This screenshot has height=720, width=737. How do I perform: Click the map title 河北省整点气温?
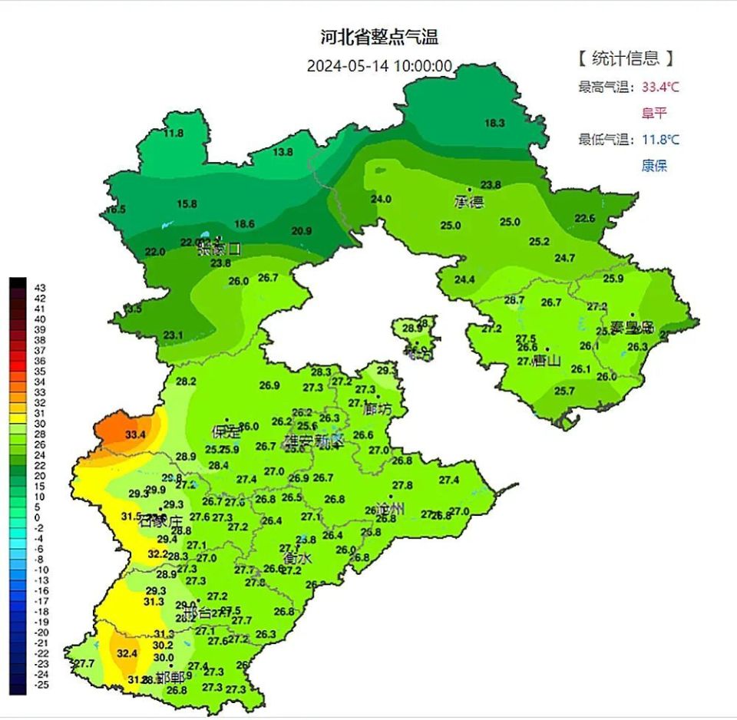pyautogui.click(x=378, y=37)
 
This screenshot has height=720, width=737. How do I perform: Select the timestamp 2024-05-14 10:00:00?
pyautogui.click(x=379, y=66)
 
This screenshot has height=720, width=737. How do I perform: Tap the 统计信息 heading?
pyautogui.click(x=625, y=58)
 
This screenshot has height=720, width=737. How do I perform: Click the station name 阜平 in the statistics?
pyautogui.click(x=654, y=113)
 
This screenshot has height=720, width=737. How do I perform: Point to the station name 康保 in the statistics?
pyautogui.click(x=654, y=165)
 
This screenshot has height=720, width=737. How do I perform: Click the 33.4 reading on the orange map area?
pyautogui.click(x=136, y=434)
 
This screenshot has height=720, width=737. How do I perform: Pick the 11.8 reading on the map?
pyautogui.click(x=174, y=133)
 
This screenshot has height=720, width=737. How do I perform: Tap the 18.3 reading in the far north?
pyautogui.click(x=494, y=123)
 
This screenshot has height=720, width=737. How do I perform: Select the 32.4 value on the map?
pyautogui.click(x=127, y=653)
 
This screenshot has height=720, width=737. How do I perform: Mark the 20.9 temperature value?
pyautogui.click(x=302, y=231)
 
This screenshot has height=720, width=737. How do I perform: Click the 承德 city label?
pyautogui.click(x=469, y=202)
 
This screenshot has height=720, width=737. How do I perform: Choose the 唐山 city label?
pyautogui.click(x=547, y=360)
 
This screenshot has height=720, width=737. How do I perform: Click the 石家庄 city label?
pyautogui.click(x=161, y=522)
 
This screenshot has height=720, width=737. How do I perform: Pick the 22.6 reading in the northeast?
pyautogui.click(x=585, y=218)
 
